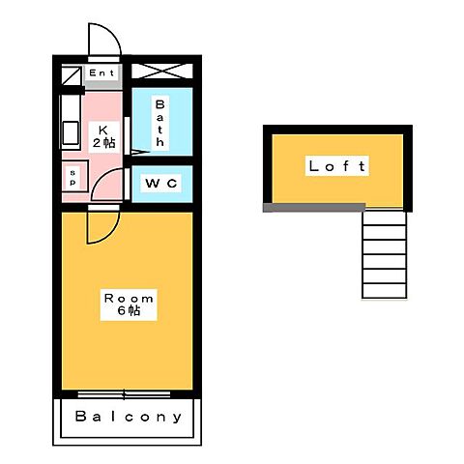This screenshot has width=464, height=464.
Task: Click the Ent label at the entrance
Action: (x=101, y=73)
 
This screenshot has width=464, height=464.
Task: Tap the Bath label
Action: (x=160, y=123)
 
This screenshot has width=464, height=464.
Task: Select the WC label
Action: (x=161, y=184)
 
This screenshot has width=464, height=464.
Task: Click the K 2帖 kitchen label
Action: (x=103, y=137)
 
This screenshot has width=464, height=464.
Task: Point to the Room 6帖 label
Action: (x=129, y=304)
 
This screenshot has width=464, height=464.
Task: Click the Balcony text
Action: (x=129, y=417)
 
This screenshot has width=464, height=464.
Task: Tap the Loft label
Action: (x=337, y=166)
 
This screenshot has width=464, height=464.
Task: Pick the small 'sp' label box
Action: (x=72, y=178)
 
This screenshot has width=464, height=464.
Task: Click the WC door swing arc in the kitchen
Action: (x=99, y=181)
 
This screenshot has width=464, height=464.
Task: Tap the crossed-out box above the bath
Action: (x=162, y=72)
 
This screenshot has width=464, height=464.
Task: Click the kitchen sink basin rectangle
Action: (x=71, y=132)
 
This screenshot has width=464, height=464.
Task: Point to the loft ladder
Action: (x=385, y=254)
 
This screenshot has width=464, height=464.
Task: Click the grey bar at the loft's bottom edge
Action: (x=314, y=207)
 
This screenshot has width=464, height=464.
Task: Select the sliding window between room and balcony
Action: (x=124, y=394)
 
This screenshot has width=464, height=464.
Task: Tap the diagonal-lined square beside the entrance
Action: (x=72, y=76)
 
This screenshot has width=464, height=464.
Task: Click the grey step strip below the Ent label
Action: (x=103, y=85)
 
